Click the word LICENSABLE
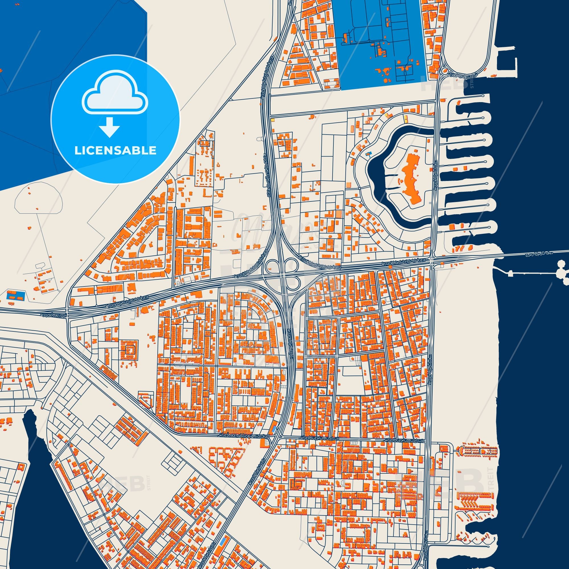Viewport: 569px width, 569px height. [115, 151]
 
